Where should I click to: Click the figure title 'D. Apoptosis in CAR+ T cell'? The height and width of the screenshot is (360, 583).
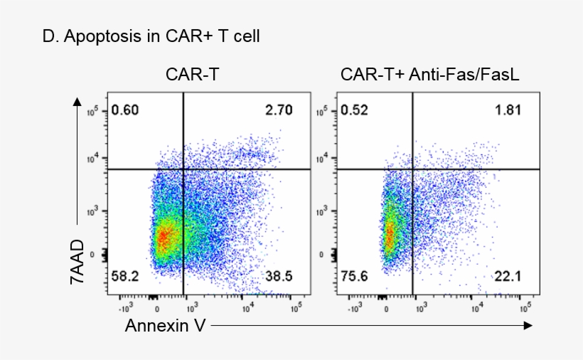click(x=151, y=37)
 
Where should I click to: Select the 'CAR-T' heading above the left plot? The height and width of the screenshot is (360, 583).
click(x=190, y=74)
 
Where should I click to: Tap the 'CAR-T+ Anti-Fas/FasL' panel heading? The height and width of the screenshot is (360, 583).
click(x=430, y=74)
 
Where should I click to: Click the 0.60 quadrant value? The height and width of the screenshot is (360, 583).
click(x=125, y=110)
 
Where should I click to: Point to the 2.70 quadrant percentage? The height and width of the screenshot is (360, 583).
click(x=278, y=110)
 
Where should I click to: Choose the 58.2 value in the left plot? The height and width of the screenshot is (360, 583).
click(x=125, y=275)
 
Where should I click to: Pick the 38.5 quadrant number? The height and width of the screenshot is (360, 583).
click(x=278, y=275)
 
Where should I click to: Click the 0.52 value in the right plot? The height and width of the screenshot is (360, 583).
click(x=354, y=110)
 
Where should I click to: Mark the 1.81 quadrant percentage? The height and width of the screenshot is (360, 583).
click(x=508, y=110)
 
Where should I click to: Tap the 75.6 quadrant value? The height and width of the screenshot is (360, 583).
click(x=354, y=275)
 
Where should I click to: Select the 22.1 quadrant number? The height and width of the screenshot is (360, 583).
click(x=508, y=275)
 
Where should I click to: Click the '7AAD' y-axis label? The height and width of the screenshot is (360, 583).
click(x=77, y=262)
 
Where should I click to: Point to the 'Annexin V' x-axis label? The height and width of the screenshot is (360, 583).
click(x=163, y=326)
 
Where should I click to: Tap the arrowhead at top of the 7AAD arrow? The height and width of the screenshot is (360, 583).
click(x=77, y=101)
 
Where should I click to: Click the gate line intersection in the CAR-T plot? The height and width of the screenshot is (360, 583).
click(x=183, y=169)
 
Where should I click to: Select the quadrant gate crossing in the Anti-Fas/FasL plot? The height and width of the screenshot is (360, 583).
click(x=412, y=169)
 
